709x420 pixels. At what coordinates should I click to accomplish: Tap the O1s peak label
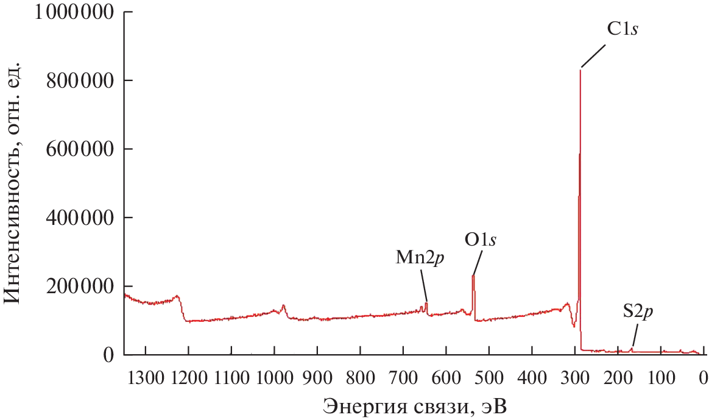[481, 240]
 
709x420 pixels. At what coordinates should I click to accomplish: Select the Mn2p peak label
[420, 257]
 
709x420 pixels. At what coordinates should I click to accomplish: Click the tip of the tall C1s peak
[580, 70]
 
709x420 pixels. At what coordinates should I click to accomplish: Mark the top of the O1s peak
[473, 276]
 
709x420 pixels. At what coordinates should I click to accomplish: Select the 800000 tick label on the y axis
[81, 80]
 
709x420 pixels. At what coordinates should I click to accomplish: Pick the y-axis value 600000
[81, 149]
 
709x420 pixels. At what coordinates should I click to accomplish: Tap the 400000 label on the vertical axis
[81, 218]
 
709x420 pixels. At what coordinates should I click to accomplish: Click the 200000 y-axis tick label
[81, 287]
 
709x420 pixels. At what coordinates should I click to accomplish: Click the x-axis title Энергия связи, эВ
[414, 405]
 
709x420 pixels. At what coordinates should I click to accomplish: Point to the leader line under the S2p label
[634, 336]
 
